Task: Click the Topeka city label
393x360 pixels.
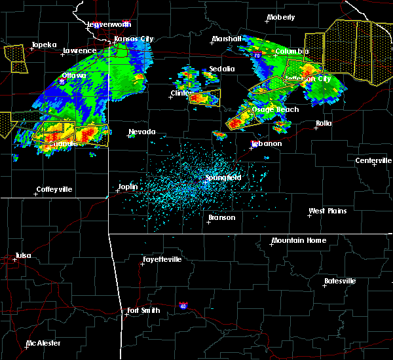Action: [x=44, y=45]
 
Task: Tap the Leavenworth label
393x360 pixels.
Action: [x=109, y=24]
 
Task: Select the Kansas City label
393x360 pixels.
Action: [x=134, y=39]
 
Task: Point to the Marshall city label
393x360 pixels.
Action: [x=226, y=39]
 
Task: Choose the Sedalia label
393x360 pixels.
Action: [x=221, y=69]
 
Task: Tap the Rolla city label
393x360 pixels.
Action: [x=324, y=123]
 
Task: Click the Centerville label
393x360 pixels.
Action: [x=374, y=160]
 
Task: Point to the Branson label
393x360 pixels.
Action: [x=221, y=217]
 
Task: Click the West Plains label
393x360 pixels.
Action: [x=327, y=211]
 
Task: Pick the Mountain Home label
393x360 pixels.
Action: [x=298, y=240]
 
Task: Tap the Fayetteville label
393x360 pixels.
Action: [x=162, y=259]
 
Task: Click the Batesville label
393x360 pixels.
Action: [x=339, y=281]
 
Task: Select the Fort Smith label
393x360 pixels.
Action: [x=143, y=310]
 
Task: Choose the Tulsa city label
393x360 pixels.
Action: [x=24, y=256]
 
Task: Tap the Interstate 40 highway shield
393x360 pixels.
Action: [x=183, y=306]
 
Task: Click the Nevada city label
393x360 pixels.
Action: [x=141, y=132]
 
